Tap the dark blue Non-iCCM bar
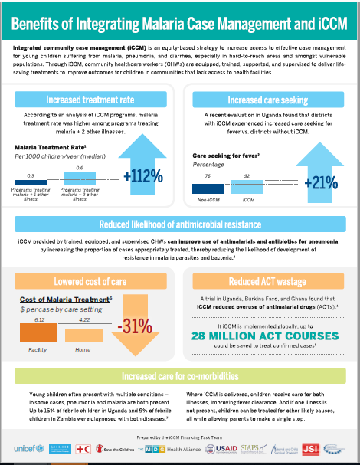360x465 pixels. click(205, 188)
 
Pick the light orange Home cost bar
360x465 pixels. click(83, 335)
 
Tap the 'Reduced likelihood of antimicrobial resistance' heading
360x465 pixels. click(179, 224)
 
